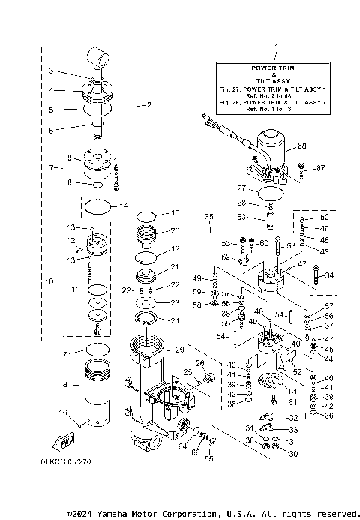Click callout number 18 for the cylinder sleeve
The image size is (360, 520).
pyautogui.click(x=63, y=384)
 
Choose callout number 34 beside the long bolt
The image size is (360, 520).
pyautogui.click(x=329, y=275)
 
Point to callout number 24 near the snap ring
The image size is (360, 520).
pyautogui.click(x=175, y=320)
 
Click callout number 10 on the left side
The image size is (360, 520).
pyautogui.click(x=49, y=281)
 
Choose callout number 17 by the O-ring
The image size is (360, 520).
pyautogui.click(x=63, y=353)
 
